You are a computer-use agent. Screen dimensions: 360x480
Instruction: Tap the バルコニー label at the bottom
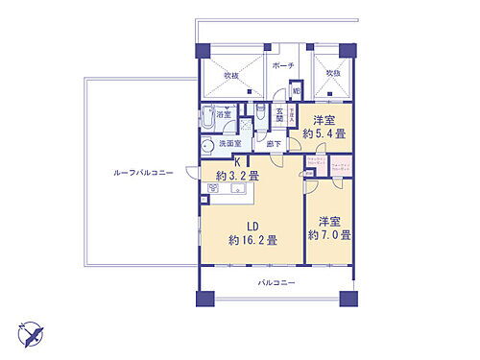pos(276,283)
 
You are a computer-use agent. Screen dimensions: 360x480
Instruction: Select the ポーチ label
pos(282,67)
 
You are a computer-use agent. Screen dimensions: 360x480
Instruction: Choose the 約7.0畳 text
pos(329,234)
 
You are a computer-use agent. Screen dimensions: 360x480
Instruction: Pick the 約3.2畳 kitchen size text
pos(237,177)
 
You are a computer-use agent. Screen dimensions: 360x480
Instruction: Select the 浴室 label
pos(223,114)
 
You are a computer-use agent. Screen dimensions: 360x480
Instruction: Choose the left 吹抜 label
pos(231,75)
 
